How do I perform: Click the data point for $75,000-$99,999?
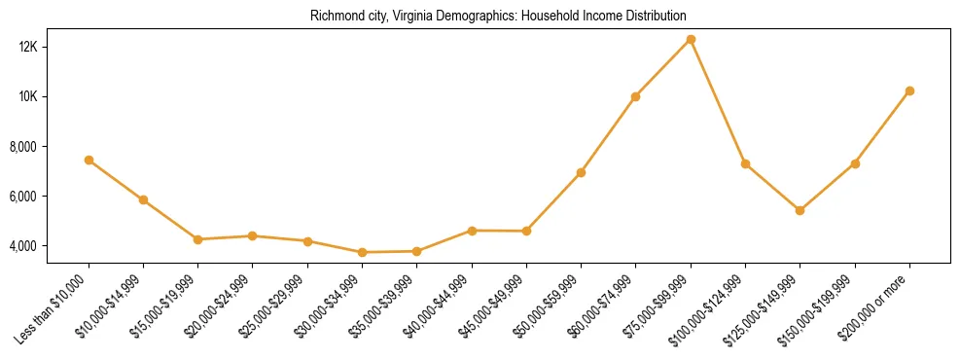691,40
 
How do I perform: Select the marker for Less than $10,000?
89,160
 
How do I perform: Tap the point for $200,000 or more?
909,90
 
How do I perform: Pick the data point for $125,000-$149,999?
800,210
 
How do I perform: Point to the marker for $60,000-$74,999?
635,96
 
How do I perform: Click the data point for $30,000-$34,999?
362,252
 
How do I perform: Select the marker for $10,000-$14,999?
143,199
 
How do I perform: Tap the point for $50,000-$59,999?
581,172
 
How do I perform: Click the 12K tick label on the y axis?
51,47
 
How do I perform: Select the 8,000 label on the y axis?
49,147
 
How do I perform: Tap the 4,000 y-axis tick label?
49,246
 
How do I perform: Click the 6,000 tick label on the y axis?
49,197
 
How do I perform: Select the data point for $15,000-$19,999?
197,239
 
